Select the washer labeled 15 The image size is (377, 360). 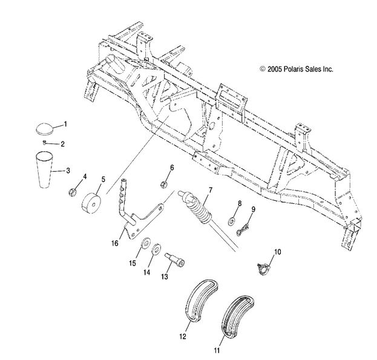[x=129, y=244]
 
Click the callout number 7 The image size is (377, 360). [x=211, y=191]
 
